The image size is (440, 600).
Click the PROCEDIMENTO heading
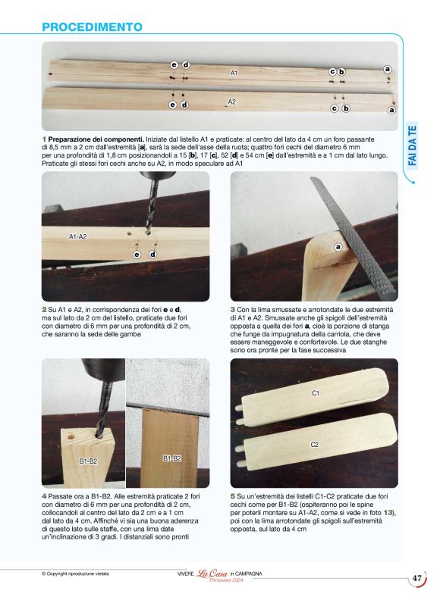[x=92, y=27]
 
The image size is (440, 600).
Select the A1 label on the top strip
[x=234, y=73]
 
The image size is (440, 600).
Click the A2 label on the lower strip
[x=232, y=102]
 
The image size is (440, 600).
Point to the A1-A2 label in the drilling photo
[x=78, y=237]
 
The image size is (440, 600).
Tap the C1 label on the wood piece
[x=316, y=394]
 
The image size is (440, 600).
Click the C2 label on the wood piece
[x=314, y=444]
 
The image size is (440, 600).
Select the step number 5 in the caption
[x=232, y=497]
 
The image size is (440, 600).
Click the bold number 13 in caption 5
[x=388, y=513]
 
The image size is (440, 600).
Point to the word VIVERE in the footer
[x=180, y=573]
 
